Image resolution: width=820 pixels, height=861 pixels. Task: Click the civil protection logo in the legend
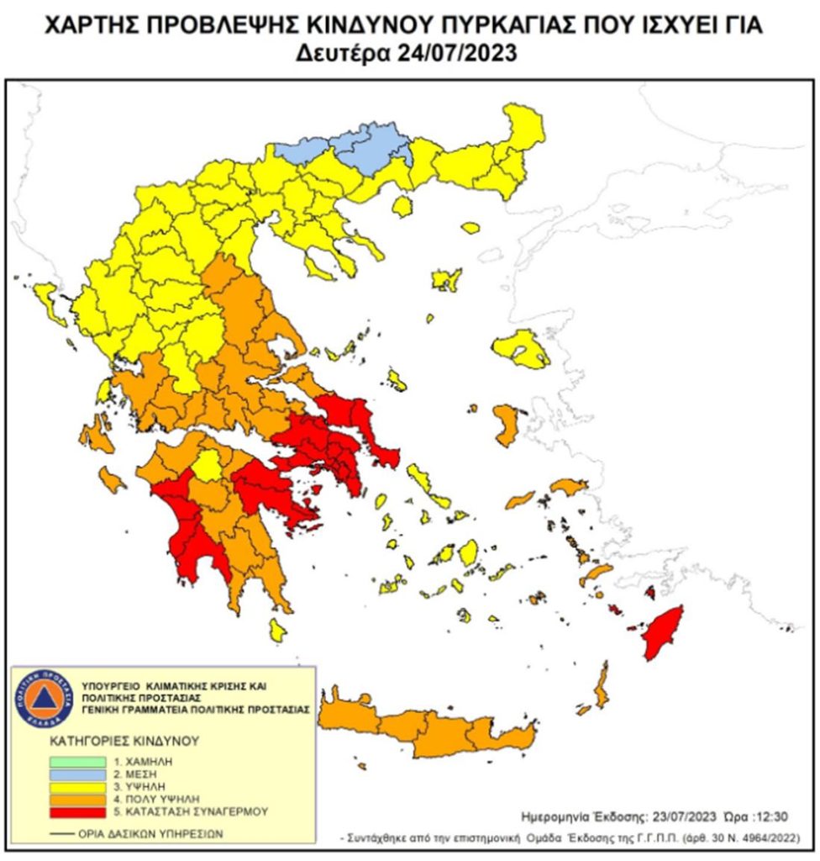tap(45, 698)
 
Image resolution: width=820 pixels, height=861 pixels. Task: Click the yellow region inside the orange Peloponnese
tap(207, 465)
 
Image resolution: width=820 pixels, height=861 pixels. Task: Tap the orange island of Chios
tap(506, 425)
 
